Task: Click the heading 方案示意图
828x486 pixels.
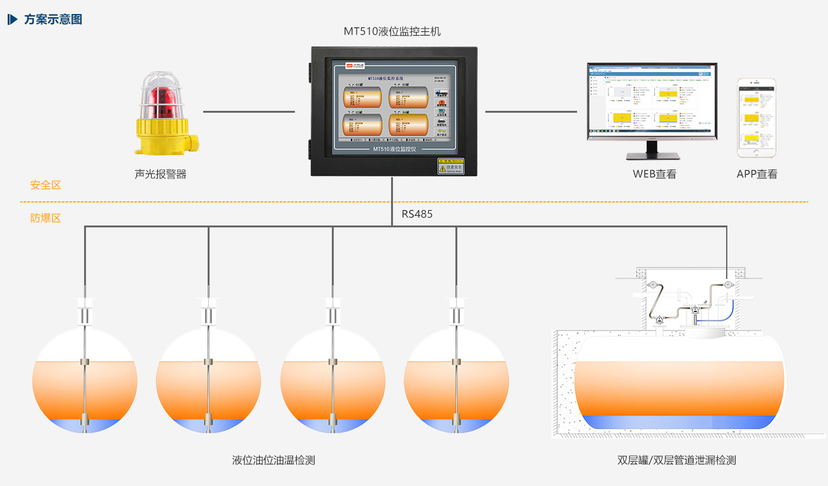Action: pyautogui.click(x=53, y=19)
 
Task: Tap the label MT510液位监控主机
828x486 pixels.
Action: pyautogui.click(x=392, y=31)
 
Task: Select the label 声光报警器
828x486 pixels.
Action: pyautogui.click(x=161, y=174)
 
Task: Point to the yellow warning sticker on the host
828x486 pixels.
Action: pyautogui.click(x=450, y=166)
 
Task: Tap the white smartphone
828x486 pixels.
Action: pyautogui.click(x=757, y=118)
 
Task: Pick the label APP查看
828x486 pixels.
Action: pyautogui.click(x=757, y=174)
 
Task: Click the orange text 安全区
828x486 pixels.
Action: pyautogui.click(x=46, y=185)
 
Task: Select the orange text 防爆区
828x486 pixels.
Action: pyautogui.click(x=46, y=218)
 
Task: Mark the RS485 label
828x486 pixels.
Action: pyautogui.click(x=417, y=214)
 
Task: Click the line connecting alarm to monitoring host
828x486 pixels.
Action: pyautogui.click(x=248, y=111)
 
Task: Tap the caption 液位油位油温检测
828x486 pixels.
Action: pyautogui.click(x=274, y=460)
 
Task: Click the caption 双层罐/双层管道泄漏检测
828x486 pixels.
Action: pyautogui.click(x=676, y=460)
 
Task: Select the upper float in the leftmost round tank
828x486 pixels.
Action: pyautogui.click(x=85, y=362)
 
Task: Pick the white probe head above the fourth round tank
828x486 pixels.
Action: pyautogui.click(x=456, y=315)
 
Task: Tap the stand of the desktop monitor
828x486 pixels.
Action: pyautogui.click(x=652, y=151)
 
